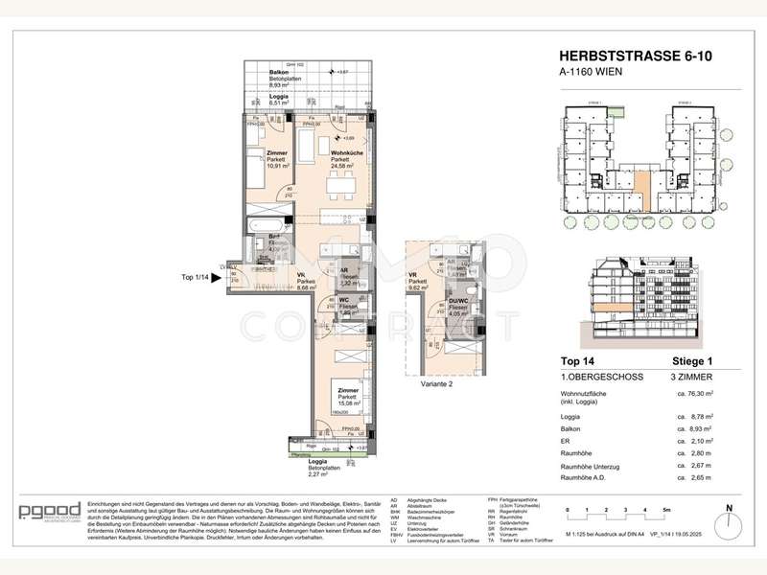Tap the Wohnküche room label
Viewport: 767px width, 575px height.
pos(347,153)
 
